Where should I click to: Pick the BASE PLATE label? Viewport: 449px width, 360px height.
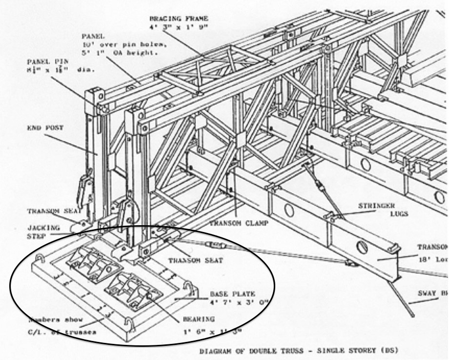(x=228, y=294)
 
